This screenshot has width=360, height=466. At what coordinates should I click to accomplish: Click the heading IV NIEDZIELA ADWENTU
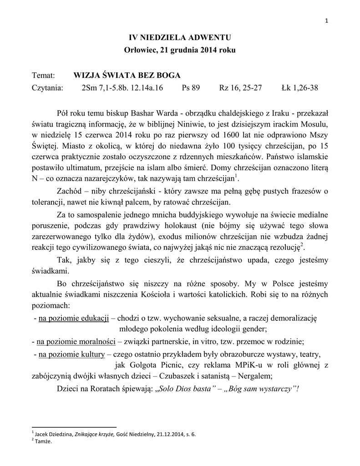[x=180, y=37]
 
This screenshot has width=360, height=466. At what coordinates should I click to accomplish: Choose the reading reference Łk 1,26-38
[x=300, y=88]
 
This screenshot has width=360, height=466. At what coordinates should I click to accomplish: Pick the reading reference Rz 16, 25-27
[x=240, y=88]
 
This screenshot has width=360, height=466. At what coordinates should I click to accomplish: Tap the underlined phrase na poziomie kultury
[x=72, y=354]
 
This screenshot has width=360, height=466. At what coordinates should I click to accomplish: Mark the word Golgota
[x=141, y=365]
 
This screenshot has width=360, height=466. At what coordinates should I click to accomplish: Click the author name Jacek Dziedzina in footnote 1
[x=53, y=434]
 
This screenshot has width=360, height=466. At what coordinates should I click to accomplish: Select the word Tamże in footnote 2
[x=43, y=441]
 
